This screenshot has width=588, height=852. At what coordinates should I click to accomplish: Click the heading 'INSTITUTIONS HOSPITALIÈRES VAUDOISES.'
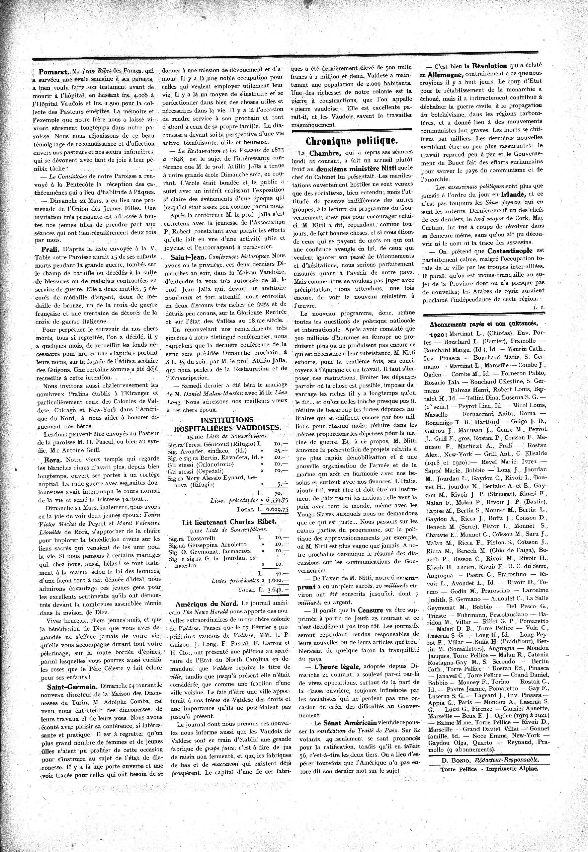[x=227, y=424]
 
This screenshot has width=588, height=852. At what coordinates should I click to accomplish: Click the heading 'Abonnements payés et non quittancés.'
[x=483, y=325]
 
